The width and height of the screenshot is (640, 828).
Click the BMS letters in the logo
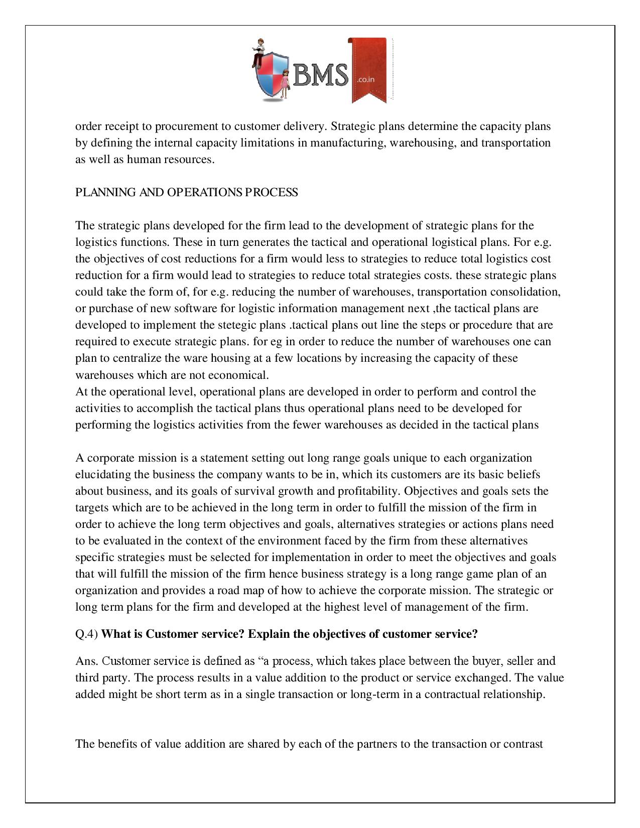coord(322,75)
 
